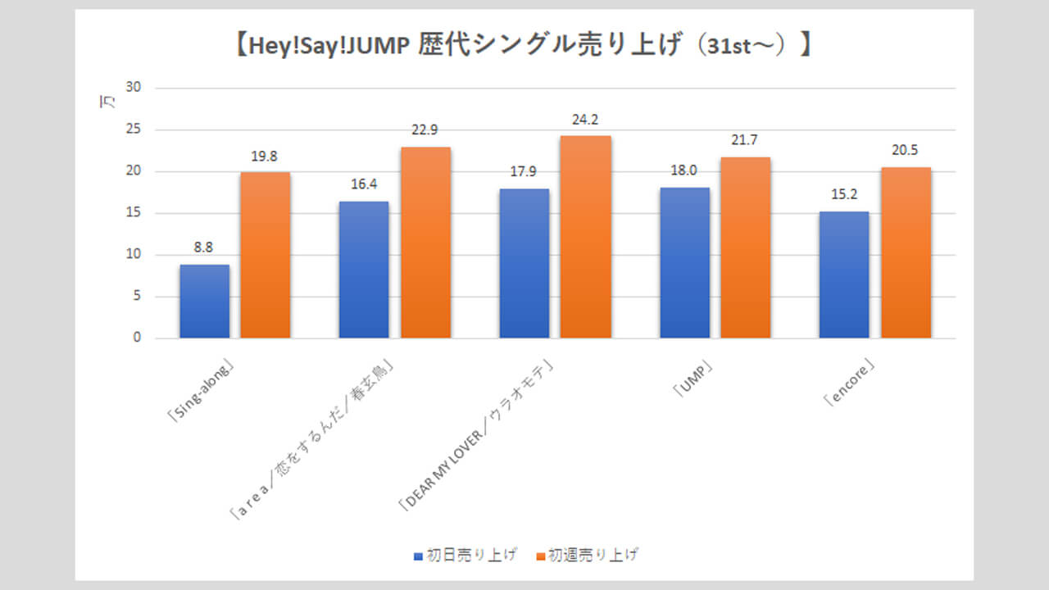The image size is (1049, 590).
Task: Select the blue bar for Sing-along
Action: coord(204,302)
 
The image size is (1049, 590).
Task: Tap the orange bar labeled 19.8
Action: coord(265,255)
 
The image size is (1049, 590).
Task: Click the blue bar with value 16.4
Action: coord(364,270)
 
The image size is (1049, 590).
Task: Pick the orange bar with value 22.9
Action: coord(425,243)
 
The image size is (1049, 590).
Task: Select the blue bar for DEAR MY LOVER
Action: coord(524,263)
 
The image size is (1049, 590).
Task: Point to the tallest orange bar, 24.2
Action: coord(586,237)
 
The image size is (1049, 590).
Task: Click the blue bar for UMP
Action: coord(684,263)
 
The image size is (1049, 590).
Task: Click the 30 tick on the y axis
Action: coord(133,88)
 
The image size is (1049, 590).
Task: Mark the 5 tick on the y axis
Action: coord(136,296)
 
